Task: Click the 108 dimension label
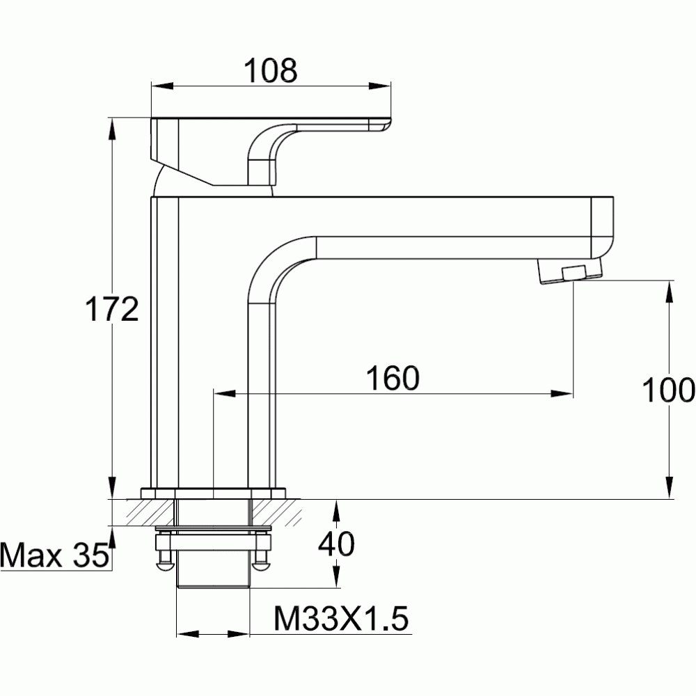point(270,70)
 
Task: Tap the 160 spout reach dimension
point(393,377)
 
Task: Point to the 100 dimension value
point(668,391)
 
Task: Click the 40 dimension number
point(336,544)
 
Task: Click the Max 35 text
point(54,555)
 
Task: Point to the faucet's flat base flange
point(213,493)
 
